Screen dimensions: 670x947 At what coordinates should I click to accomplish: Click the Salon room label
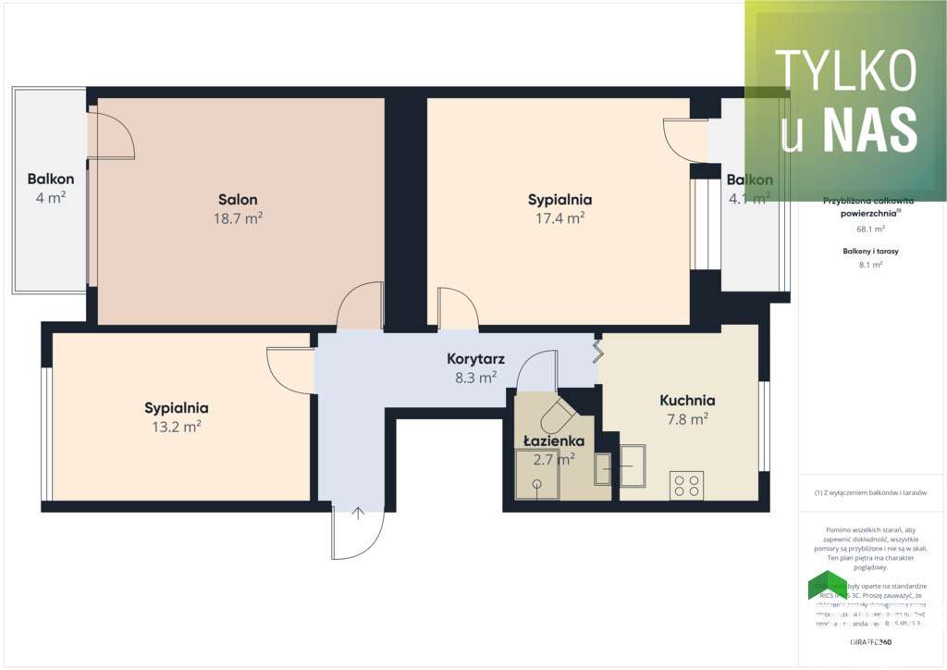[x=238, y=199]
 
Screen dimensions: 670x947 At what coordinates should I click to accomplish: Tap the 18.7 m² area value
[x=238, y=218]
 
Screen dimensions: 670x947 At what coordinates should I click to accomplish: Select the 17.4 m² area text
[x=560, y=218]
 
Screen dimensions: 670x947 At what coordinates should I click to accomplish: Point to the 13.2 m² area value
[x=176, y=427]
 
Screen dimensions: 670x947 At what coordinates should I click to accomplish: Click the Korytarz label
[x=472, y=358]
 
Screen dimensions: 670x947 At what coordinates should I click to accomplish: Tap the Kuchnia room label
[x=687, y=401]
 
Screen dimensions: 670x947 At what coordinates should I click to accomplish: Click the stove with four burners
[x=686, y=486]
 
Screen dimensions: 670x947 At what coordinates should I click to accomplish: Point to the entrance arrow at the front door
[x=358, y=514]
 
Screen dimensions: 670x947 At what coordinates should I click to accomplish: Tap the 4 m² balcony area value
[x=51, y=197]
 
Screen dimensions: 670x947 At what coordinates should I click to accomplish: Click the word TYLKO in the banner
[x=845, y=71]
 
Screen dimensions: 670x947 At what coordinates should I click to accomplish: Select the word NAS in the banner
[x=869, y=128]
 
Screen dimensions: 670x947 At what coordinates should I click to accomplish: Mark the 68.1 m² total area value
[x=871, y=229]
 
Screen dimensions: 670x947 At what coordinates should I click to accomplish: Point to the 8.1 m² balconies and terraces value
[x=871, y=265]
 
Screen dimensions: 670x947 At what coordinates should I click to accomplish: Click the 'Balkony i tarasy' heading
[x=871, y=251]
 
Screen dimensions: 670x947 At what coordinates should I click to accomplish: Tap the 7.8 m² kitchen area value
[x=687, y=419]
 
